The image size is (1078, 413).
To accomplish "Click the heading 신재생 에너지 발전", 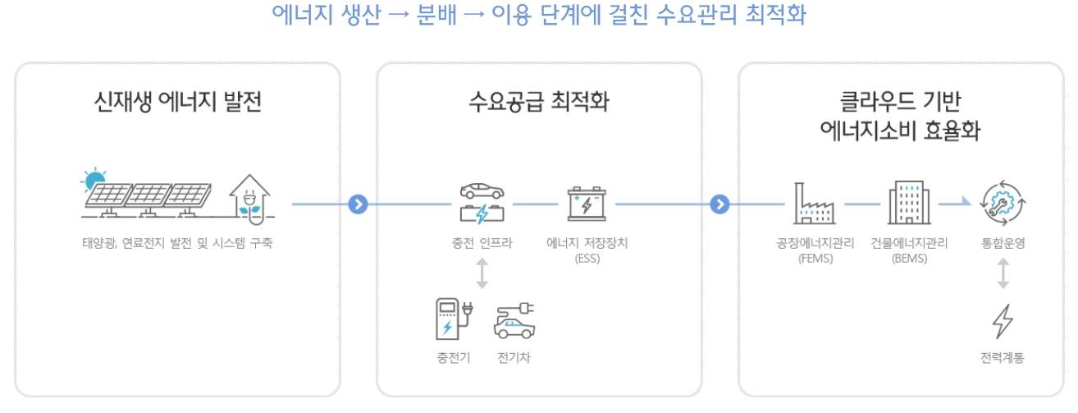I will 178,103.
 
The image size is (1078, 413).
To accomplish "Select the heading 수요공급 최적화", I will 539,103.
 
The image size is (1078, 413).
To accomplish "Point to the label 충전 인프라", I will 482,244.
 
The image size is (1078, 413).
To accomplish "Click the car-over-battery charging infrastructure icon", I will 482,203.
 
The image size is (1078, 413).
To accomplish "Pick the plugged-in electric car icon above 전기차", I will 514,321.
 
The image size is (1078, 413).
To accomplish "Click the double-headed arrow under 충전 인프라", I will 482,274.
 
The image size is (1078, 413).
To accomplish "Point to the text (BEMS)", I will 909,259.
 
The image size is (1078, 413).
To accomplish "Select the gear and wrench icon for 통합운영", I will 1003,204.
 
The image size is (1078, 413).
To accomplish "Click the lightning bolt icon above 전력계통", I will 1003,321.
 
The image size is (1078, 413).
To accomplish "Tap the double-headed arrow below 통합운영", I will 1003,274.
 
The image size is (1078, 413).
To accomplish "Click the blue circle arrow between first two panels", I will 357,204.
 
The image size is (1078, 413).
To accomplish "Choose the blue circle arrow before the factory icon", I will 719,204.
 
